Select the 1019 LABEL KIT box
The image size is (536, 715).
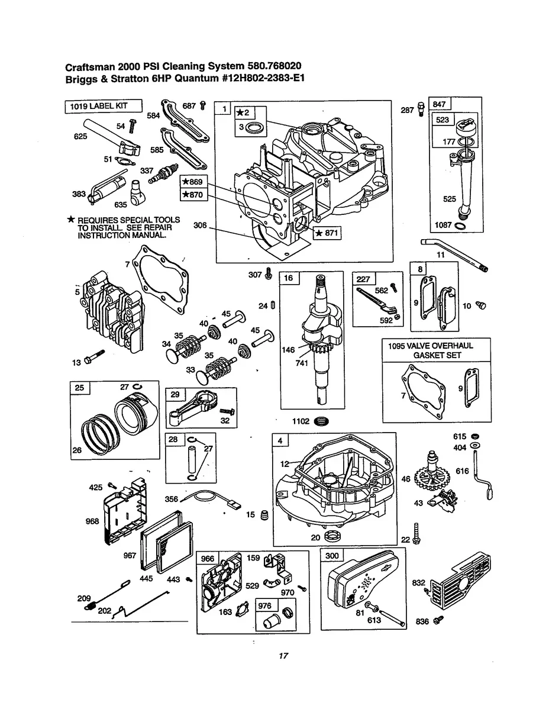[x=104, y=107]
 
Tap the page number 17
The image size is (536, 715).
[x=283, y=655]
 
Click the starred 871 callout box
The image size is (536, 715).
[x=327, y=233]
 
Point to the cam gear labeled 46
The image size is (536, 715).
[x=436, y=474]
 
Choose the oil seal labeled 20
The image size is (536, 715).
[x=332, y=537]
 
